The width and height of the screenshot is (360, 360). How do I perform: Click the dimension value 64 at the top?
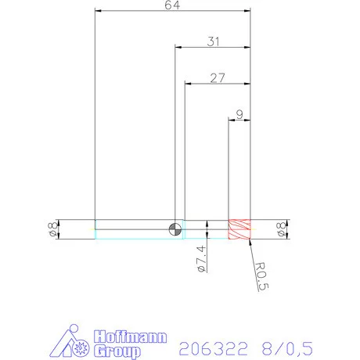point(172,5)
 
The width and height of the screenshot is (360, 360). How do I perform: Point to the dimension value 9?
point(239,113)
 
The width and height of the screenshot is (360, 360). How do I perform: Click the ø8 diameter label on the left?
point(52,229)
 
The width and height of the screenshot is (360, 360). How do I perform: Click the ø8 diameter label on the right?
point(280,229)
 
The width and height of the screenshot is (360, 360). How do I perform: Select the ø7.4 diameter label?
point(201,258)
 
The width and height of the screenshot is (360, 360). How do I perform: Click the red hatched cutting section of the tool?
point(239,229)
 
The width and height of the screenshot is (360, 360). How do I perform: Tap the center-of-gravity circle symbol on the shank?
point(175,229)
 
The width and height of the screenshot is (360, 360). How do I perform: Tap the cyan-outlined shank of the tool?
point(133,229)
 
